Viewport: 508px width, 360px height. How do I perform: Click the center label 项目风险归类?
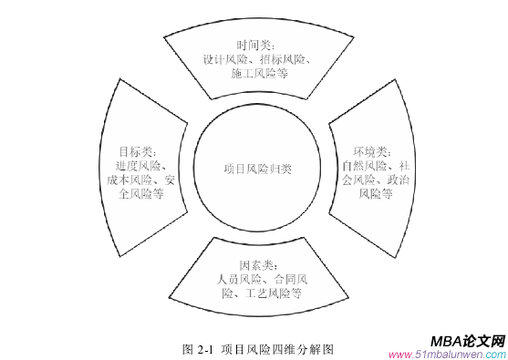coord(258,169)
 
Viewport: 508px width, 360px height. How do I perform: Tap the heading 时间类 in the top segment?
coord(254,45)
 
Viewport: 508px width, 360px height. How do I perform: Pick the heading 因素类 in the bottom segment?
coord(255,264)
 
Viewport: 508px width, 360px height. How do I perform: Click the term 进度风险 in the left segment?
coord(138,165)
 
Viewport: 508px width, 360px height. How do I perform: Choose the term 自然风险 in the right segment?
coord(362,165)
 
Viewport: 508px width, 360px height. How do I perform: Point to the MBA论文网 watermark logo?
coord(469,339)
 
